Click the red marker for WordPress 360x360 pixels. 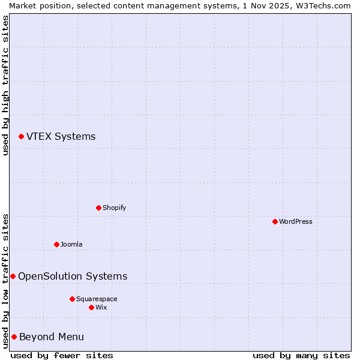point(275,221)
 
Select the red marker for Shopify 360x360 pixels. point(98,208)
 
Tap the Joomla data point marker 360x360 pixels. point(56,244)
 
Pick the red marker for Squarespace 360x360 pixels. point(72,299)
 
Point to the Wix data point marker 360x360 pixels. point(91,307)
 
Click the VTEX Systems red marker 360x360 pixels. point(21,137)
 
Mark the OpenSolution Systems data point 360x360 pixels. point(13,276)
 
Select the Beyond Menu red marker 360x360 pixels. point(14,337)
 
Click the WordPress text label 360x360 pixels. point(296,221)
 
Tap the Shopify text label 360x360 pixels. point(114,208)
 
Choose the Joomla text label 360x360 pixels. point(71,244)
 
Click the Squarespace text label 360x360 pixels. point(97,299)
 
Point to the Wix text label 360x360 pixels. point(101,307)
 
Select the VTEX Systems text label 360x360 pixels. point(61,136)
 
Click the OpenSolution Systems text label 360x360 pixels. point(73,276)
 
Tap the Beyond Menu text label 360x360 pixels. point(52,337)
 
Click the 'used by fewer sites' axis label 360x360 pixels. point(62,355)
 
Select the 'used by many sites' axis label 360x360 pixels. point(301,355)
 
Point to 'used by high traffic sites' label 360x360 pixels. point(5,85)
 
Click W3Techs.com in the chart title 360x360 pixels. point(325,5)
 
